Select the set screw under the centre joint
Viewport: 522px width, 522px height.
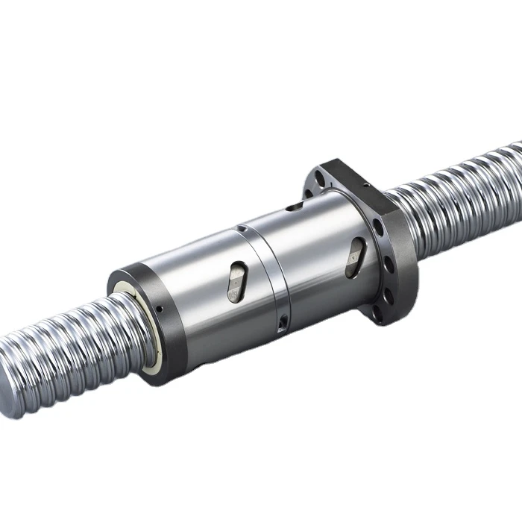coord(283,321)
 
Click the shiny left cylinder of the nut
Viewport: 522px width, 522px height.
coord(194,298)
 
